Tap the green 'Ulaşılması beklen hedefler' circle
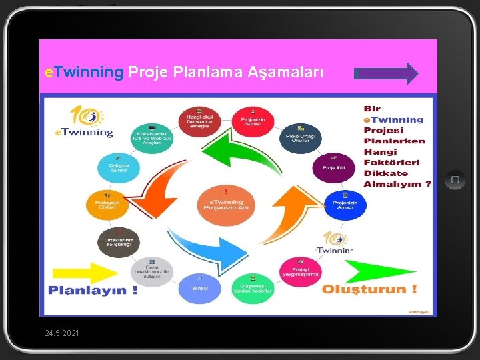252,285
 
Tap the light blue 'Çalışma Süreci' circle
119,167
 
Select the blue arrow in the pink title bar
387,73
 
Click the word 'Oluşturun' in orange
364,289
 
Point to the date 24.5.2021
61,332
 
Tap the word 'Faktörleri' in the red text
391,162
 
